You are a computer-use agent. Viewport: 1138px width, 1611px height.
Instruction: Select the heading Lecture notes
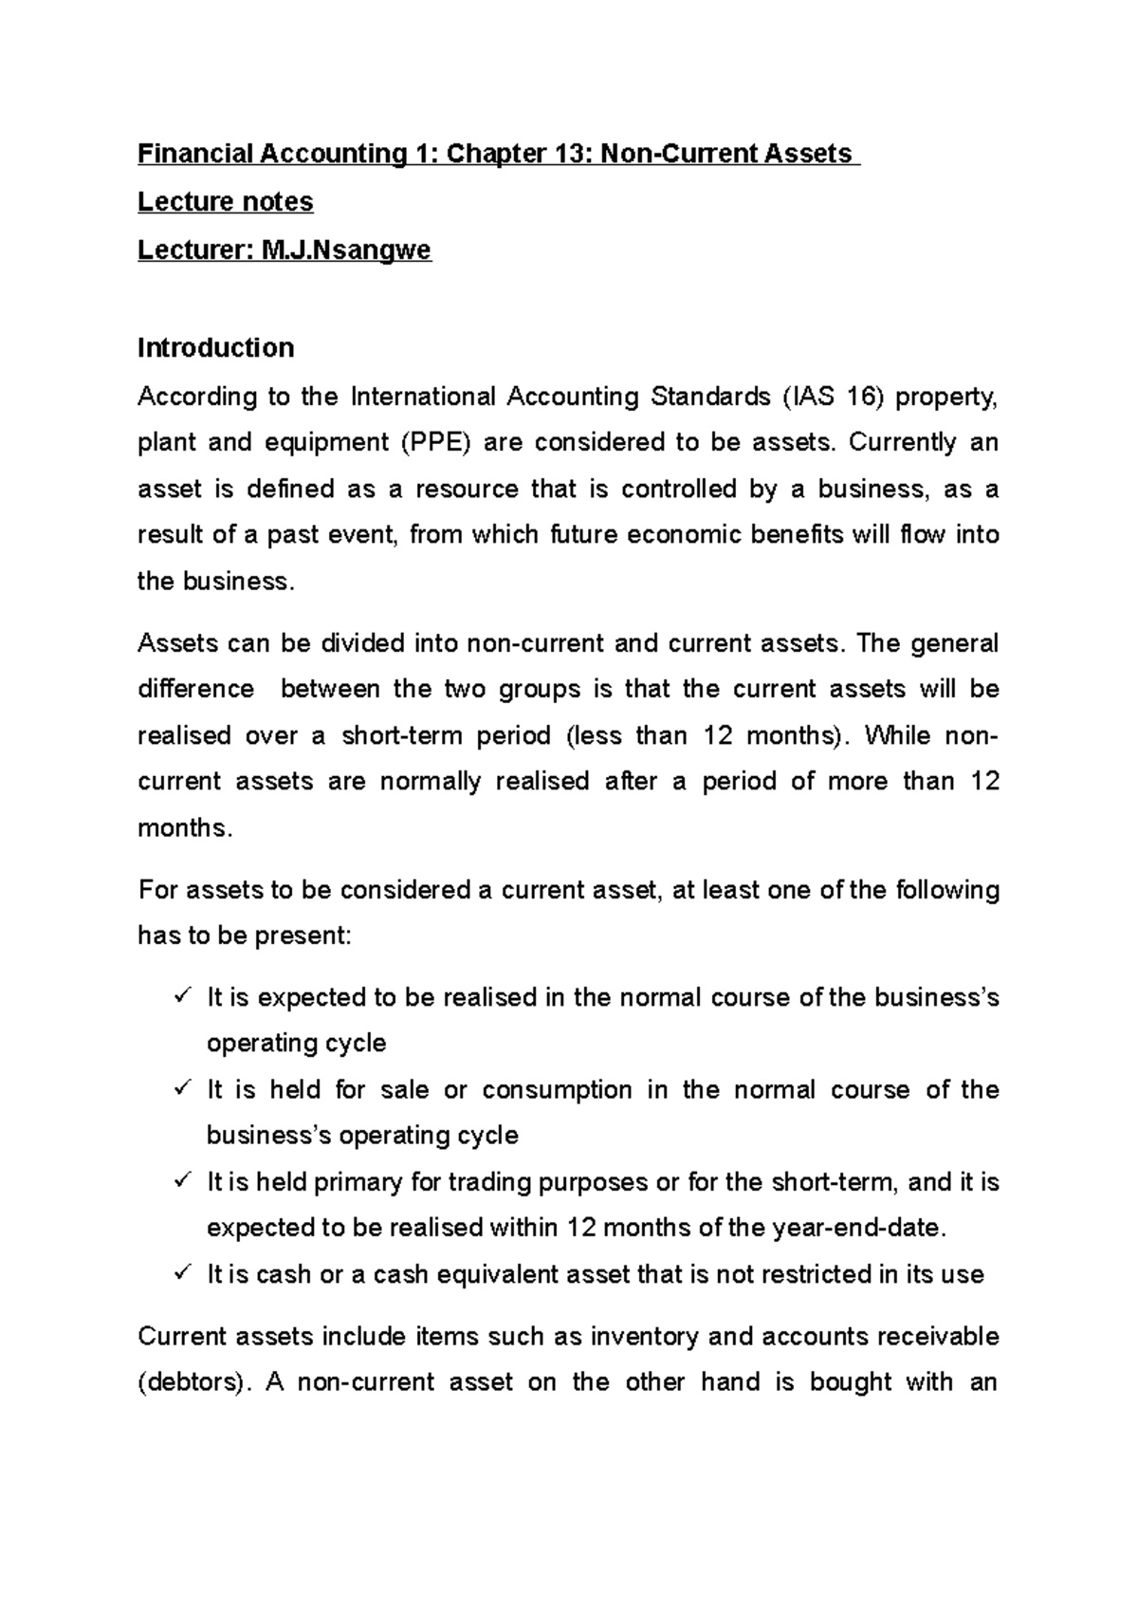tap(225, 202)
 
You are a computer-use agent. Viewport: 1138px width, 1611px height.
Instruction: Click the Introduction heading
tap(215, 348)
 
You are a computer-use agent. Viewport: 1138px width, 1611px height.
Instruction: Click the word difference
tap(195, 689)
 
